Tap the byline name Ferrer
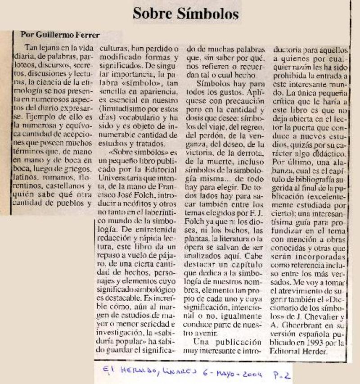[87, 35]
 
